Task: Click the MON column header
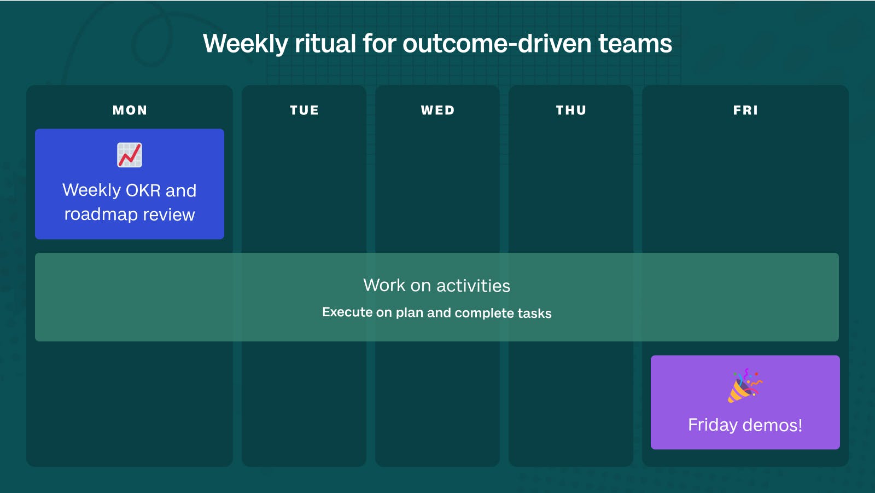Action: coord(130,110)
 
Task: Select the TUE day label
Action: coord(304,110)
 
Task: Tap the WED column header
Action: coord(438,110)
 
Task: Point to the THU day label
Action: coord(571,110)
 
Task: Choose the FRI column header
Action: coord(745,110)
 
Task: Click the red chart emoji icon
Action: coord(130,155)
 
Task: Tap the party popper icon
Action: coord(745,386)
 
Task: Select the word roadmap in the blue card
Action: coord(101,214)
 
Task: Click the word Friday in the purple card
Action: coord(713,425)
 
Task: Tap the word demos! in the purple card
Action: coord(772,425)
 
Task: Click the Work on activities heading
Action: coord(437,286)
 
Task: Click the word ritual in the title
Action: coord(325,43)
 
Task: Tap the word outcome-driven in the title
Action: coord(497,43)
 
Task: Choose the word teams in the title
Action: coord(635,44)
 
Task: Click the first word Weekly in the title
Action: coord(246,44)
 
